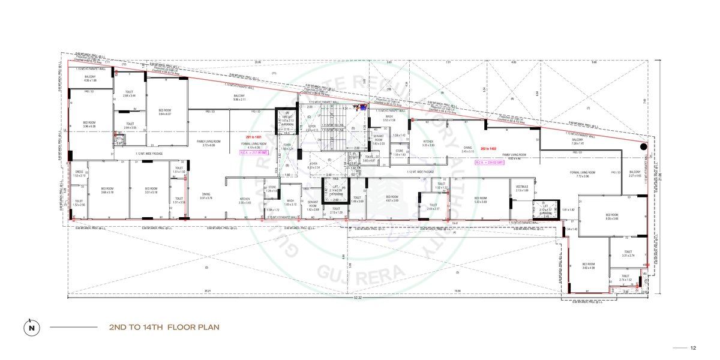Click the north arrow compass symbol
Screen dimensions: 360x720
pyautogui.click(x=30, y=328)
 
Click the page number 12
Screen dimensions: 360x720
pyautogui.click(x=692, y=347)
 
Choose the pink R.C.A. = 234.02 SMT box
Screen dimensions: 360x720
pyautogui.click(x=487, y=163)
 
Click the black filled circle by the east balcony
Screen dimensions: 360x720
pyautogui.click(x=643, y=146)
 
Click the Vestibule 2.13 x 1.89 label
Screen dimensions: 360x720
pyautogui.click(x=521, y=188)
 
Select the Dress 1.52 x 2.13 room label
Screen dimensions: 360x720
pyautogui.click(x=79, y=173)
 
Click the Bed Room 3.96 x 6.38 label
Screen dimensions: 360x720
pyautogui.click(x=89, y=124)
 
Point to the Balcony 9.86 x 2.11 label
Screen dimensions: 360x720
pyautogui.click(x=239, y=97)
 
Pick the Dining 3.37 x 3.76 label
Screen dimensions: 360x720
pyautogui.click(x=206, y=196)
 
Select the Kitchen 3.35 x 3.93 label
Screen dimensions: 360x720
pyautogui.click(x=428, y=143)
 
